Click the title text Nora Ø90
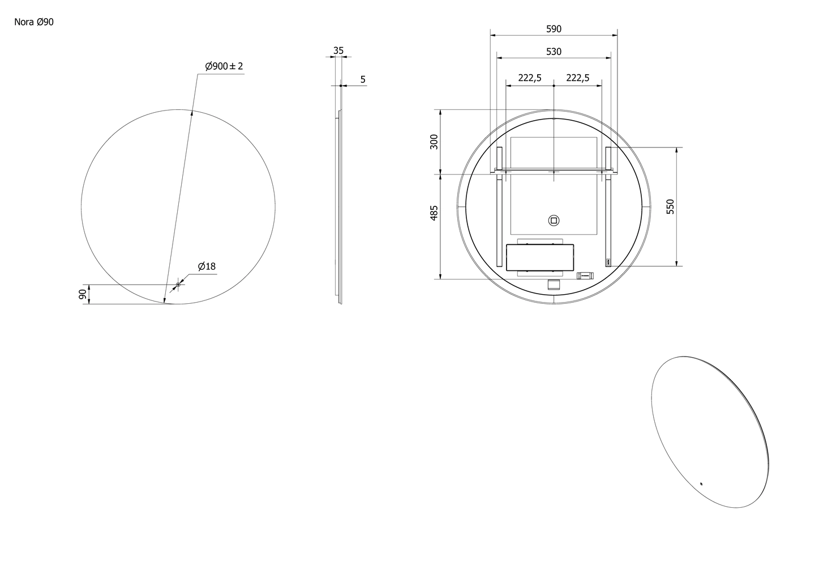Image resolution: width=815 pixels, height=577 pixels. point(34,22)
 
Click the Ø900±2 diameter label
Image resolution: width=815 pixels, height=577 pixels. point(224,66)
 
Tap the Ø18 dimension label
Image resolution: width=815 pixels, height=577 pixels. point(207,266)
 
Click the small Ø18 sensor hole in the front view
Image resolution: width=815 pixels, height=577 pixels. point(178,285)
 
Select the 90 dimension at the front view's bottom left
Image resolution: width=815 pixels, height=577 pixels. point(83,294)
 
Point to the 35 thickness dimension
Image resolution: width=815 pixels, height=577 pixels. point(338,50)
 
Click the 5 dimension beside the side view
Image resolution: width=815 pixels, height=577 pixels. point(363,79)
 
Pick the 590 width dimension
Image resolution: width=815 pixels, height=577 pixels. point(554,29)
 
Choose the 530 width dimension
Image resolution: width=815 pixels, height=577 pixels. point(554,52)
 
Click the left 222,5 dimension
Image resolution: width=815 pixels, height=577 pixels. point(530,78)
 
